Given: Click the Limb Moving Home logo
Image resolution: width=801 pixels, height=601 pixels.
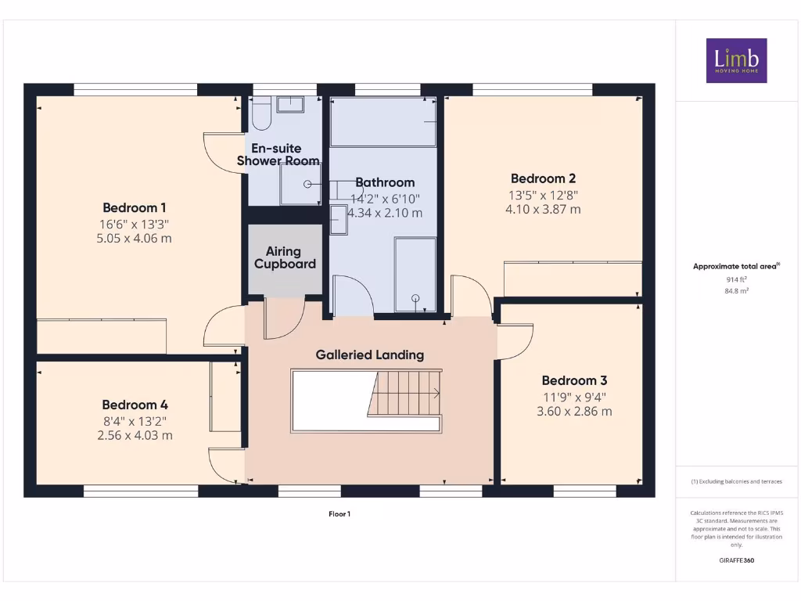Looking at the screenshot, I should (x=736, y=60).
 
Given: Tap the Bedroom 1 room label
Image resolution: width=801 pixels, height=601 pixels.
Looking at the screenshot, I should (x=135, y=208).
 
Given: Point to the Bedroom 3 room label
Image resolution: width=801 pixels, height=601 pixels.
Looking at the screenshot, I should (x=574, y=381).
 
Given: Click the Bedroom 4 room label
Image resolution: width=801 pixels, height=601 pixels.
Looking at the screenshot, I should (x=135, y=405).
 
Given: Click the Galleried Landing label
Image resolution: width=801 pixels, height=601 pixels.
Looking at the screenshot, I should (x=370, y=354).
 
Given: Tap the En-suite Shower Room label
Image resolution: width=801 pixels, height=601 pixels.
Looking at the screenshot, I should (x=278, y=155).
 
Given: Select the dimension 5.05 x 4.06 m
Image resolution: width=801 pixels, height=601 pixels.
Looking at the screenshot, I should (x=135, y=238).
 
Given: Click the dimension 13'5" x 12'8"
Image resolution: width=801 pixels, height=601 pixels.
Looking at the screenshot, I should (x=543, y=195).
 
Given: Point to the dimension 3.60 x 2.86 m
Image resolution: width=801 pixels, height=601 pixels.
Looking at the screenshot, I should (x=574, y=411).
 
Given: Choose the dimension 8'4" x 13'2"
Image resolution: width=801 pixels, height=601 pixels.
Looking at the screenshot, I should (x=135, y=421).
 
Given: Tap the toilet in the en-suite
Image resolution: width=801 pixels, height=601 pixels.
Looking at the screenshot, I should (x=260, y=114).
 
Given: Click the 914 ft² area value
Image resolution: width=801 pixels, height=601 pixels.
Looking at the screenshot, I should (x=736, y=279).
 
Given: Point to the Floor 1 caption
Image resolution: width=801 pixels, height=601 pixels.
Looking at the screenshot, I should (x=339, y=514).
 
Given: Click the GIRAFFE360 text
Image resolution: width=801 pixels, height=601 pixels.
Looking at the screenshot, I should (x=736, y=560).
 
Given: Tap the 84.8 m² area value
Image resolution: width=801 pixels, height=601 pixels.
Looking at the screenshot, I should (x=736, y=290).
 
